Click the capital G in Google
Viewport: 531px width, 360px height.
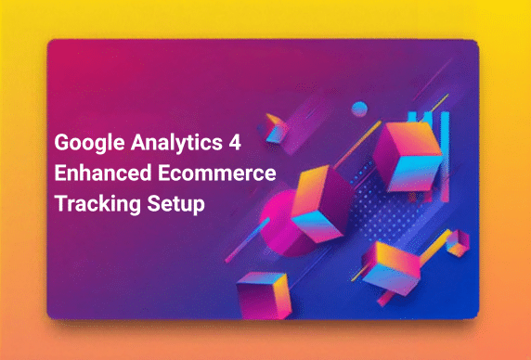click(x=61, y=145)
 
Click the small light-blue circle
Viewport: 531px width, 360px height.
click(x=359, y=109)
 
